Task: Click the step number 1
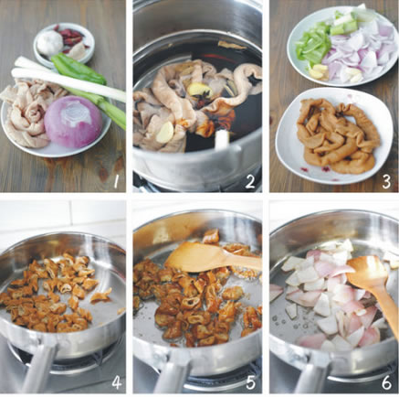(x=115, y=182)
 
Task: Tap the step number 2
(x=249, y=182)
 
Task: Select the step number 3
(x=386, y=182)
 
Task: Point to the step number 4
(x=116, y=383)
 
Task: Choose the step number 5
(x=250, y=383)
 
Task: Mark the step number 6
(x=386, y=383)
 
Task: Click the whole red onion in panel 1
(x=73, y=121)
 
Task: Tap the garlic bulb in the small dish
(x=50, y=42)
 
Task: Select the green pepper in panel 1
(x=78, y=69)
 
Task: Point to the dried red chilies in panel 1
(x=70, y=37)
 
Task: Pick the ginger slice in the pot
(x=199, y=90)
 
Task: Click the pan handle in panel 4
(x=38, y=368)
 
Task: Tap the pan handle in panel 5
(x=175, y=370)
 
